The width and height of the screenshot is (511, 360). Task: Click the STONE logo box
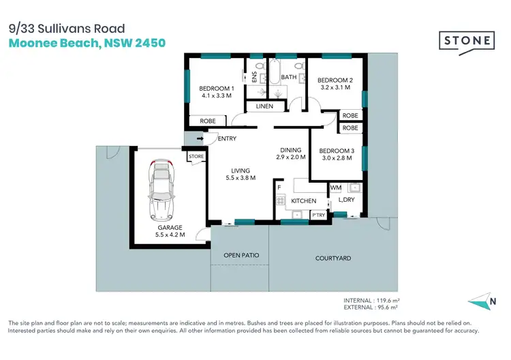467,40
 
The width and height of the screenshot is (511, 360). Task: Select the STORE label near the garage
196,157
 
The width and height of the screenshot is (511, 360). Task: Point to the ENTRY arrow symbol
200,139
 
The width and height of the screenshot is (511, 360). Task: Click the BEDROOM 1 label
217,89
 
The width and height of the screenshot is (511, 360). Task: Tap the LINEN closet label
264,106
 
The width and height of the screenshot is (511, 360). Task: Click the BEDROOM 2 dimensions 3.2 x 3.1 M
335,87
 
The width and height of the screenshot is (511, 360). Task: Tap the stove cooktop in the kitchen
280,200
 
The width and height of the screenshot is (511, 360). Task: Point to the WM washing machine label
335,187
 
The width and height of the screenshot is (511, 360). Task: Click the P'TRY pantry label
318,215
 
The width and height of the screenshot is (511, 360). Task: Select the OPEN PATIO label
241,256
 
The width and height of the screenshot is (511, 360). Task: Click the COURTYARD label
333,258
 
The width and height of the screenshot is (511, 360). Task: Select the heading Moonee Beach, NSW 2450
87,43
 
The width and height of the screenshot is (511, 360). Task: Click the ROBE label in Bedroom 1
207,121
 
